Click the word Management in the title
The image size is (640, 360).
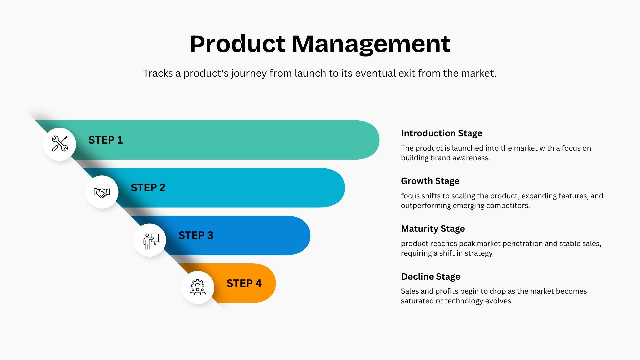pos(371,44)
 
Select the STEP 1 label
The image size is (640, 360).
pos(105,140)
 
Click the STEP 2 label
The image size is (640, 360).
pos(148,188)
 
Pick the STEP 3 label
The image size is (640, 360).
pos(196,235)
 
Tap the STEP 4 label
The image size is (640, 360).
pos(244,283)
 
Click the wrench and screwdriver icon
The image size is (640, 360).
pos(60,144)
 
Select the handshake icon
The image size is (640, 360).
pos(102,192)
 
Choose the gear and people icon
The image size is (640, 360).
pos(198,287)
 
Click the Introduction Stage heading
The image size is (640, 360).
pos(441,133)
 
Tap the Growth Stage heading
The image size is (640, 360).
pos(430,181)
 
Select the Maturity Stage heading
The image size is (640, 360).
pos(433,229)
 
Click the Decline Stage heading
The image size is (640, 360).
pos(430,277)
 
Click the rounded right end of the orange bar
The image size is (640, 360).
pos(267,283)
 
